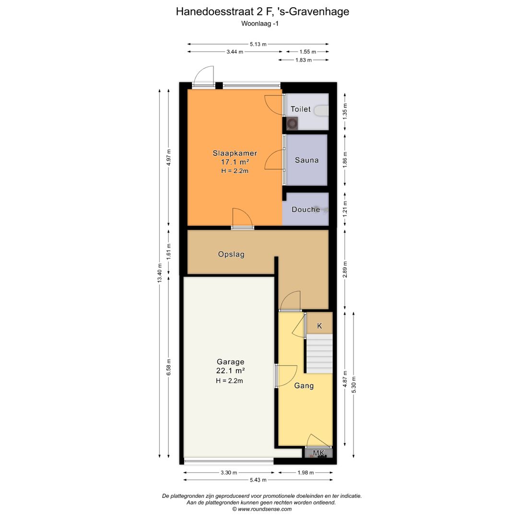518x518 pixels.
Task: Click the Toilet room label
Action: (300, 109)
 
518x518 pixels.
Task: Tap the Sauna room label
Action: (306, 160)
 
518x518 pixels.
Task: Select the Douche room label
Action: (306, 210)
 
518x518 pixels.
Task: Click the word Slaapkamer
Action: (235, 153)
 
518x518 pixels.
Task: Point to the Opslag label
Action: (231, 255)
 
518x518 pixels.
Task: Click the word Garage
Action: (230, 362)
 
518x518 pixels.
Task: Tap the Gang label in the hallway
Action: (304, 386)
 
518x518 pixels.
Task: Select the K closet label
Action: (319, 326)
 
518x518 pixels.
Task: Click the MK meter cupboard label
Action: (318, 453)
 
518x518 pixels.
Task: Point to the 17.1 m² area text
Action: (235, 162)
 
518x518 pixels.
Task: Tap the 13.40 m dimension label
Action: (159, 273)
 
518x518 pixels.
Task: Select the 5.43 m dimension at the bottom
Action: (258, 480)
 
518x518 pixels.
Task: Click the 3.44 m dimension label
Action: (235, 52)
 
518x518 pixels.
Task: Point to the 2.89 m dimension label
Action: (345, 270)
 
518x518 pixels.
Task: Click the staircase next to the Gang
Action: (319, 353)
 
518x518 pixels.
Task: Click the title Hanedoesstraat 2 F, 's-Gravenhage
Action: (262, 12)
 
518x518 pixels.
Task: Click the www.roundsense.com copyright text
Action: (262, 509)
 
